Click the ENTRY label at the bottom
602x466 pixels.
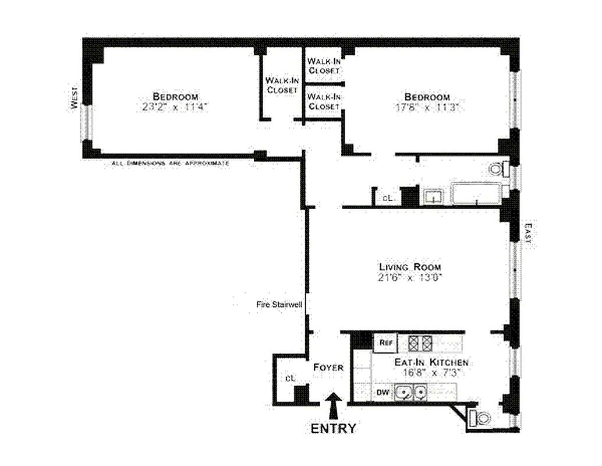(333, 429)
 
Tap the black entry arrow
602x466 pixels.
(333, 405)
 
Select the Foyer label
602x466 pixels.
(328, 368)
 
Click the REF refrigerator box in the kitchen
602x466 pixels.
(385, 343)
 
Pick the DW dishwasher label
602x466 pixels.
(383, 392)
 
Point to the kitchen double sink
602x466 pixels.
(410, 393)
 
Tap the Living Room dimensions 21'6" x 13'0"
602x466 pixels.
(410, 278)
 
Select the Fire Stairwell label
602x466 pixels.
(278, 304)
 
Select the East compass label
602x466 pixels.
(529, 235)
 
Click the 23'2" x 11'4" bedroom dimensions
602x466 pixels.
(175, 107)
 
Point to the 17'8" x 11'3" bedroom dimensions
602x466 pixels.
(427, 107)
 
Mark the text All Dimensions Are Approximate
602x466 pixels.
(170, 164)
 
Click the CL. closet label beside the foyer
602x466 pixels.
(290, 379)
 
